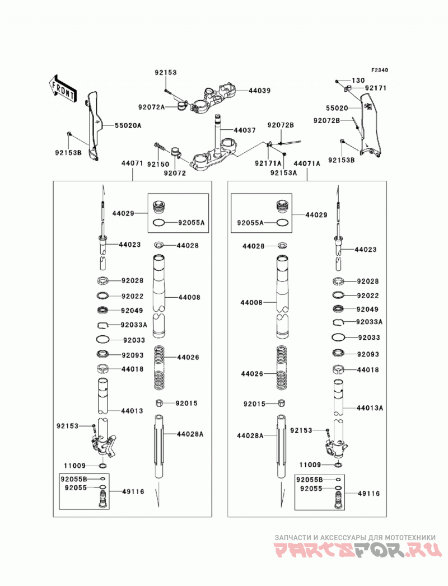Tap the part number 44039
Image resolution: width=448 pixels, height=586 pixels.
click(x=259, y=91)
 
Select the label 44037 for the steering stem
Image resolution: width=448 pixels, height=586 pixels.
click(x=245, y=130)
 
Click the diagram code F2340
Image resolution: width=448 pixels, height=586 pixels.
click(x=380, y=71)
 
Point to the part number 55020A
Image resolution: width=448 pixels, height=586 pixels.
click(x=128, y=125)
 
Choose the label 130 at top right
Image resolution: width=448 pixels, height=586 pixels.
click(x=358, y=81)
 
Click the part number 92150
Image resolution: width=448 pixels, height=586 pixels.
click(x=158, y=164)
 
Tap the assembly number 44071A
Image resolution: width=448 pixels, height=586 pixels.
click(x=307, y=163)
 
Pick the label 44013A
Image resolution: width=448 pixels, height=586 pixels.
click(x=370, y=407)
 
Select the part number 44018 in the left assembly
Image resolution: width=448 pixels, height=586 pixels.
click(x=132, y=369)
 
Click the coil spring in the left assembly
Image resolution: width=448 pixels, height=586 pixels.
click(x=160, y=367)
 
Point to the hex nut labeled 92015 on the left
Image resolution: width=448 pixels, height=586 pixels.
click(x=159, y=403)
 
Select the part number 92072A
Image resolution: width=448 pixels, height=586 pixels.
click(x=151, y=107)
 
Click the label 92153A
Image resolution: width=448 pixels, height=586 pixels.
click(x=283, y=172)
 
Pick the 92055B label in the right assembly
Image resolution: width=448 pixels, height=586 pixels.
click(x=309, y=480)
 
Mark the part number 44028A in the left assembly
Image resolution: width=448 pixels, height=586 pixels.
click(x=190, y=434)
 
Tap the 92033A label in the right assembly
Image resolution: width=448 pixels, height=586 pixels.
click(x=370, y=322)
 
